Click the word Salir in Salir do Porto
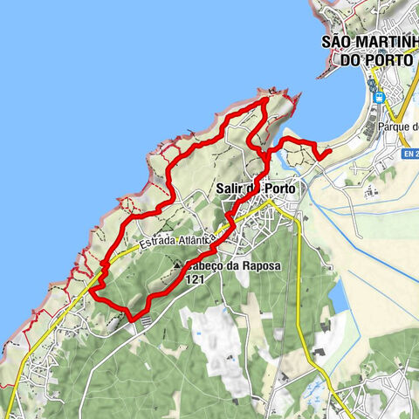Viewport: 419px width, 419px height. point(230,188)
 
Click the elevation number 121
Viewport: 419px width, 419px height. point(199,280)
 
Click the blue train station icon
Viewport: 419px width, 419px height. point(378,98)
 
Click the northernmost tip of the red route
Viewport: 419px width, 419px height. point(265,102)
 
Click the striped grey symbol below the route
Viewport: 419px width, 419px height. point(145,321)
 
